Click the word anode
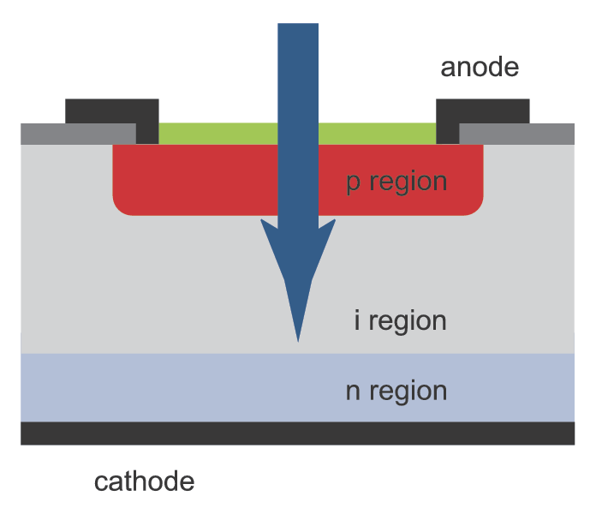coord(480,67)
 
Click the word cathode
coord(144,481)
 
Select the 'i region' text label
coord(400,321)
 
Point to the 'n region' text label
coord(396,391)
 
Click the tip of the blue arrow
coord(298,339)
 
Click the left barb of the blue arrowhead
coord(264,224)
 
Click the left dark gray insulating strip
coord(77,134)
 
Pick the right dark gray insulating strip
coord(516,134)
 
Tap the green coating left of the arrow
coord(218,133)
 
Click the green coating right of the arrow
coord(377,133)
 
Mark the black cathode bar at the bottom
coord(297,433)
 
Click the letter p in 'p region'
coord(353,184)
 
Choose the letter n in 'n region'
coord(352,392)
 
